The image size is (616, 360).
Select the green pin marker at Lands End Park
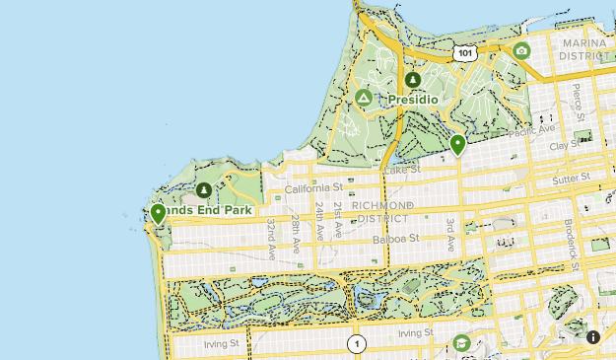click(x=158, y=213)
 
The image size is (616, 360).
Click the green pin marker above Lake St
click(x=457, y=144)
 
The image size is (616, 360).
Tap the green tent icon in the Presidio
click(x=364, y=98)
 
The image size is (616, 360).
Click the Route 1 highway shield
click(x=356, y=344)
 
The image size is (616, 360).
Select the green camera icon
click(x=521, y=50)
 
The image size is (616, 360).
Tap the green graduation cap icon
click(x=460, y=342)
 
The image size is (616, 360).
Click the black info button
click(x=593, y=337)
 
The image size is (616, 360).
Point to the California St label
click(x=311, y=187)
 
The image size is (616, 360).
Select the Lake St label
click(x=402, y=170)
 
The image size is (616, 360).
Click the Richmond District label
click(x=376, y=212)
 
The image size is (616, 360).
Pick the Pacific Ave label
click(x=532, y=130)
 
